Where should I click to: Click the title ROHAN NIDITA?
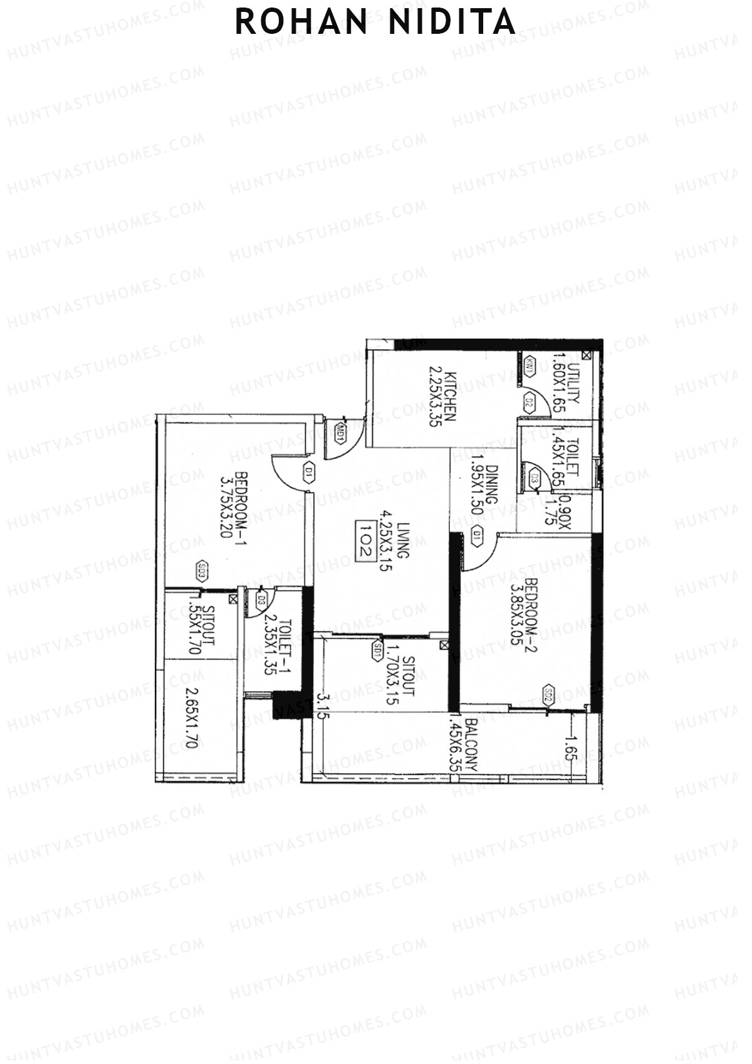[x=375, y=23]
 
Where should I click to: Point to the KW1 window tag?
[x=530, y=366]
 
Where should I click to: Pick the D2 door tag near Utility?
[x=529, y=401]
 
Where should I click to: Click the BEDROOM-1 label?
[x=239, y=509]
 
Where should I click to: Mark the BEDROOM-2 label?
[x=531, y=614]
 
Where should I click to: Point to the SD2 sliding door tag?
[x=548, y=693]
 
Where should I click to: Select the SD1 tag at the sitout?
[x=378, y=650]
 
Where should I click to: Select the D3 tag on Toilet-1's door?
[x=262, y=600]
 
